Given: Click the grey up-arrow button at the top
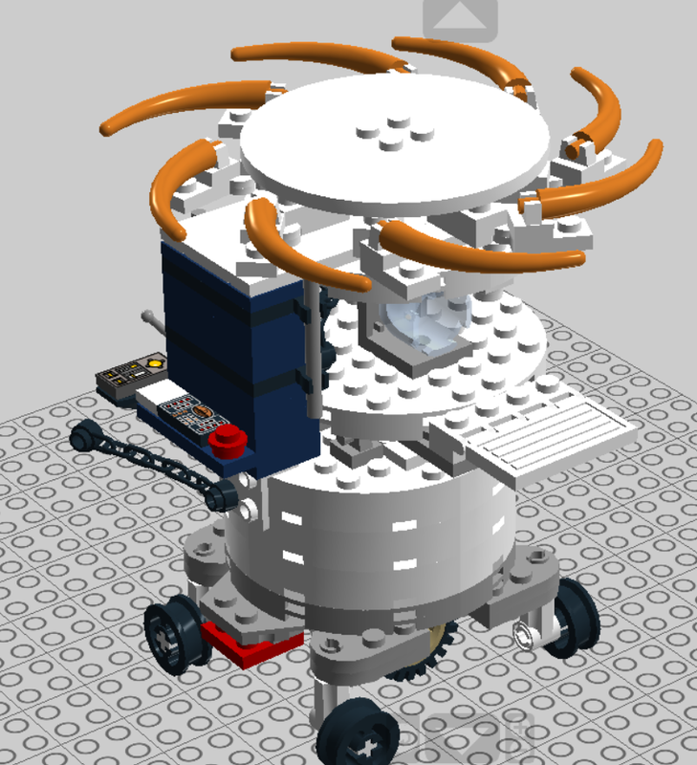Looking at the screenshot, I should (x=461, y=16).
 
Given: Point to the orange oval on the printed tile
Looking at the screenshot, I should (x=200, y=413).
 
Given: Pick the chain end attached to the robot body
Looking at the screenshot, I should (x=225, y=493).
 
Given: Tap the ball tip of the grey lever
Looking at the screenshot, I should (x=148, y=316).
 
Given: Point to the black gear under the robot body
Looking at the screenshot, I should (x=421, y=669).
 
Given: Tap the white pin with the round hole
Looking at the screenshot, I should (x=525, y=632).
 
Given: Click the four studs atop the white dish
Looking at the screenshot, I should (x=388, y=134).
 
